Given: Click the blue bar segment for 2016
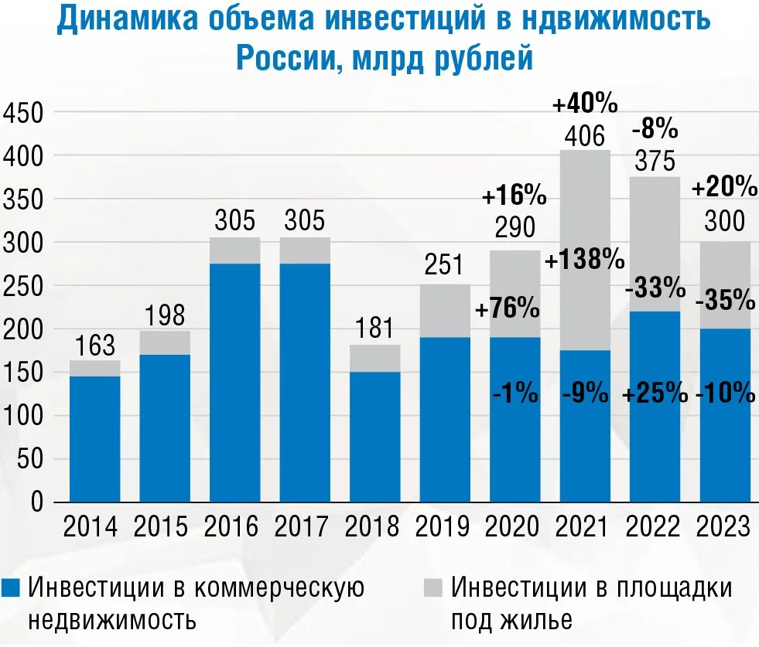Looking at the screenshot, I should tap(235, 383).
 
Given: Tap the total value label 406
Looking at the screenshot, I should tap(585, 137).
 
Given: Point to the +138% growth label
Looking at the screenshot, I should tap(585, 260).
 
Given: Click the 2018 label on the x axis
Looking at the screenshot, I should tap(373, 527).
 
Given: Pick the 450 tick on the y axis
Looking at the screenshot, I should tap(26, 114).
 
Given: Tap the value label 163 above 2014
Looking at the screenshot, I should tap(94, 346).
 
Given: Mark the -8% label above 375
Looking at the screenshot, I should tap(655, 126).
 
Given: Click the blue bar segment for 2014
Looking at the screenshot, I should tap(94, 439).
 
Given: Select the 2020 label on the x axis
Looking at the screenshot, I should tap(514, 527).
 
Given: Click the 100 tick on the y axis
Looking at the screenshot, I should tap(26, 417).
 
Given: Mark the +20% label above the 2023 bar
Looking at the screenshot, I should tap(724, 186).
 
